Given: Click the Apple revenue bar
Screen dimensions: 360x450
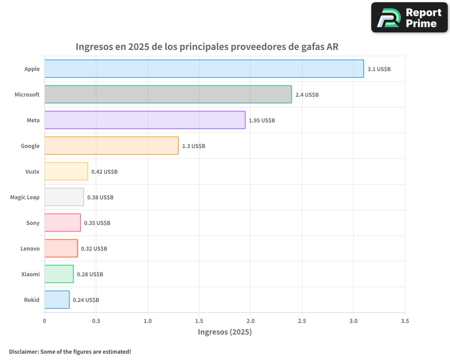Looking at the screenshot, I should [x=204, y=69].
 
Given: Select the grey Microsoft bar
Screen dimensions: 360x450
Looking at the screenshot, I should [x=168, y=94].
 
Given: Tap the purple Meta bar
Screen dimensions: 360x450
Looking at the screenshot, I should [x=145, y=120].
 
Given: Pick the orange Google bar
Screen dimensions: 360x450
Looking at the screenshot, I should [x=112, y=146].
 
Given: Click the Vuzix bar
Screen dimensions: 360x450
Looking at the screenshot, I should [x=66, y=171].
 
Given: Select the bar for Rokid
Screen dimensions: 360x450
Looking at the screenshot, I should [x=57, y=300].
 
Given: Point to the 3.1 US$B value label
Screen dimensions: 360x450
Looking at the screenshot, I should [x=379, y=69].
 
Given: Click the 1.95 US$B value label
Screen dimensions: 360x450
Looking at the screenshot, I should [x=262, y=121].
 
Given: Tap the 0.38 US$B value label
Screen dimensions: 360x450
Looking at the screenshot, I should [x=100, y=198].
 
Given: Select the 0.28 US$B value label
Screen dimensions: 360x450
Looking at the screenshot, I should [x=90, y=274].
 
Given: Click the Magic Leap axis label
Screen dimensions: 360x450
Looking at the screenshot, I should [x=25, y=198].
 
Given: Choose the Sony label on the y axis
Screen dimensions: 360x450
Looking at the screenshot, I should [x=33, y=223].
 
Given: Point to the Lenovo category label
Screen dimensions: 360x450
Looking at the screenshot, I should [x=30, y=249].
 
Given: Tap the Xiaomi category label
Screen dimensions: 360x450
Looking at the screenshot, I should [x=30, y=274].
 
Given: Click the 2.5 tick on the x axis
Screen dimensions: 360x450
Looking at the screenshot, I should [x=302, y=321].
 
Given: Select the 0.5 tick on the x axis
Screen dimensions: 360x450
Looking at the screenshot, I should [x=96, y=321].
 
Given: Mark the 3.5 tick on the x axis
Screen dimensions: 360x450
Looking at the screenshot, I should [x=405, y=321].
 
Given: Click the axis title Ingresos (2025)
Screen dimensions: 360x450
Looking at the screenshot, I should [x=225, y=332].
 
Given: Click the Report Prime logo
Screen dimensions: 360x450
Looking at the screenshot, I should [x=409, y=18].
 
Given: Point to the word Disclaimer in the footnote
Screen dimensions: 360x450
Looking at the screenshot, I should [x=23, y=351].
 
